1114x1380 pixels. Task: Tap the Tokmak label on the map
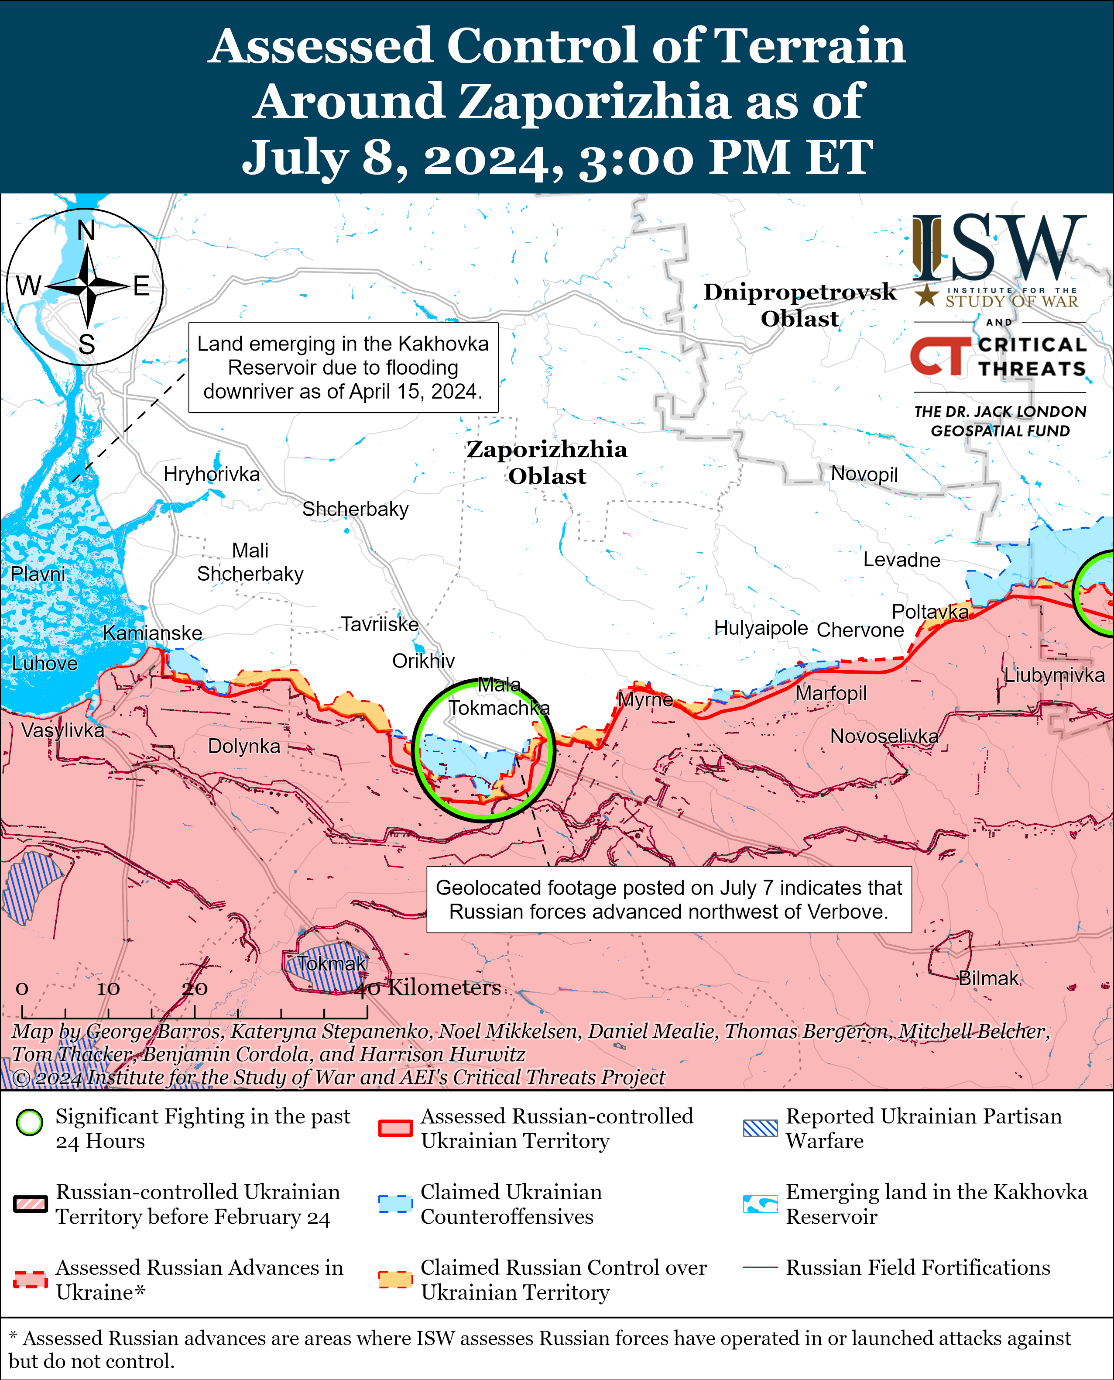click(331, 964)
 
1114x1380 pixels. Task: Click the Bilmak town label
click(988, 978)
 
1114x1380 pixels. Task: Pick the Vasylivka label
click(62, 730)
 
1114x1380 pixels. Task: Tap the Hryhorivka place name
click(211, 475)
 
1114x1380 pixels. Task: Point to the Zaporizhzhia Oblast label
click(547, 462)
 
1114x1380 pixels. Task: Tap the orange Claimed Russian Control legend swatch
click(394, 1279)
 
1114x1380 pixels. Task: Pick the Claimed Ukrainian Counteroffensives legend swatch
click(394, 1204)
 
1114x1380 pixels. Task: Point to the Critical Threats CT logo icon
click(941, 356)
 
